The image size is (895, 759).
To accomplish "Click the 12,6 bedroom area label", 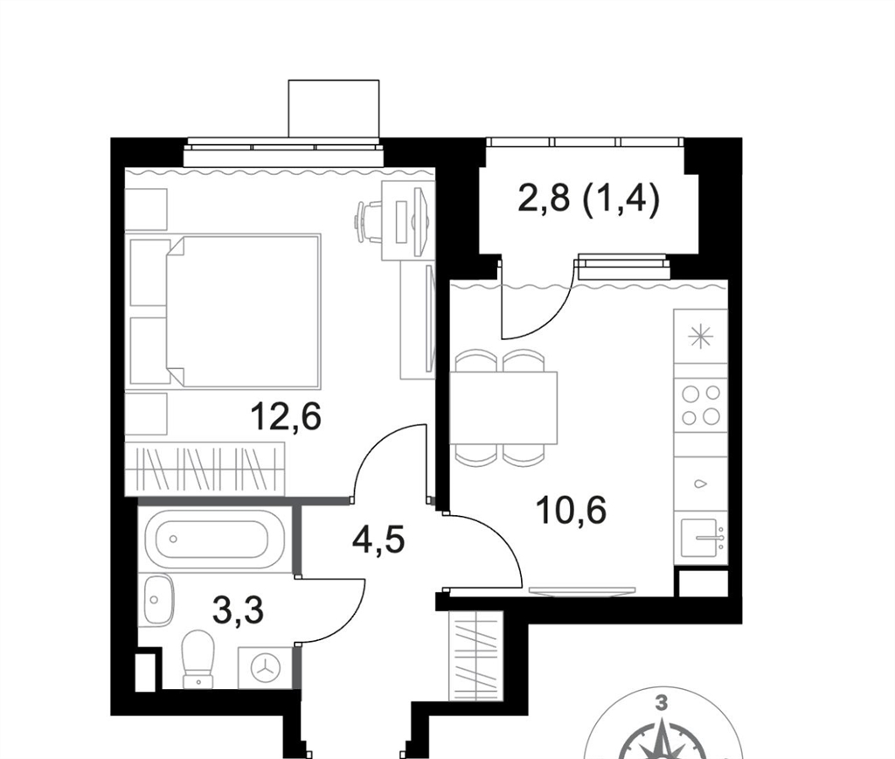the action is (286, 416).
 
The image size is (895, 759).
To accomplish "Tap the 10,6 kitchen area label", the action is (571, 510).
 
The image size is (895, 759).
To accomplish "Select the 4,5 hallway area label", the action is (378, 540).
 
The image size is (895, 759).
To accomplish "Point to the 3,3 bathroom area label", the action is (238, 610).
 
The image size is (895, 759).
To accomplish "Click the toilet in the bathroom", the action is (198, 658).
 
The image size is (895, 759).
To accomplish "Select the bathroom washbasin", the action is (157, 600).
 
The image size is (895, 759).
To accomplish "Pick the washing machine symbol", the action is (265, 667).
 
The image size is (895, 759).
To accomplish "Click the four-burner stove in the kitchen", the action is (700, 405).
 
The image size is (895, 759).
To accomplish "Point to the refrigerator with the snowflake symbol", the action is (700, 337).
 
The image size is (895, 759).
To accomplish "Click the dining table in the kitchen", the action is (503, 407).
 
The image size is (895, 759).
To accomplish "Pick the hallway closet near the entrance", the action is (476, 656).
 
